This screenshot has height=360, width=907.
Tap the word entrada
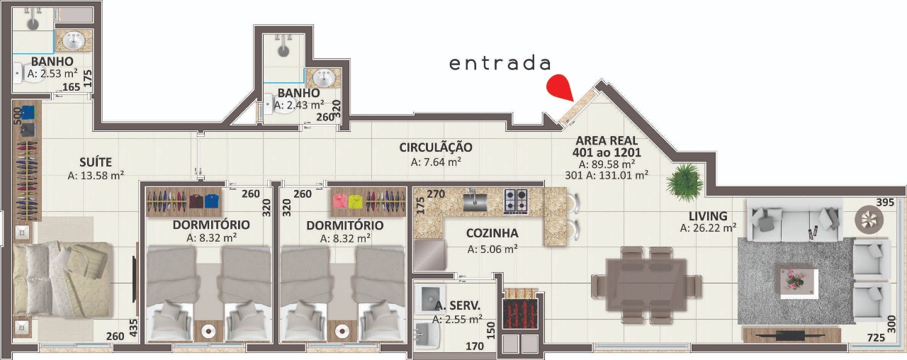coord(500,64)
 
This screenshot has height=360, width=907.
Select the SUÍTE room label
coord(96,162)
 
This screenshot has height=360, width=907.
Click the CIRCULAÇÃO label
coord(436,147)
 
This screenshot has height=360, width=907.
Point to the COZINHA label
coord(492,233)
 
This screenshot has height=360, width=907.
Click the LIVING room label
coord(708,216)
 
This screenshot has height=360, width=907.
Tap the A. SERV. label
coord(458,305)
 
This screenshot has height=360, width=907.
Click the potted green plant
coord(684,182)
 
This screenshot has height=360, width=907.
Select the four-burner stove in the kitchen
coord(515,202)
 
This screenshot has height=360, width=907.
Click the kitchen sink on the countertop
coord(475,201)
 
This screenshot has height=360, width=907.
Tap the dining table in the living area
coord(646,285)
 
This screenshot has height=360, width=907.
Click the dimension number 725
coord(877,337)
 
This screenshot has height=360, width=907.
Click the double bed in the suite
coord(61,279)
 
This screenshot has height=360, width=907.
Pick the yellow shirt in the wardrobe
coord(355,202)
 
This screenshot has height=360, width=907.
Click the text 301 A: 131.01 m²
coord(607,175)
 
